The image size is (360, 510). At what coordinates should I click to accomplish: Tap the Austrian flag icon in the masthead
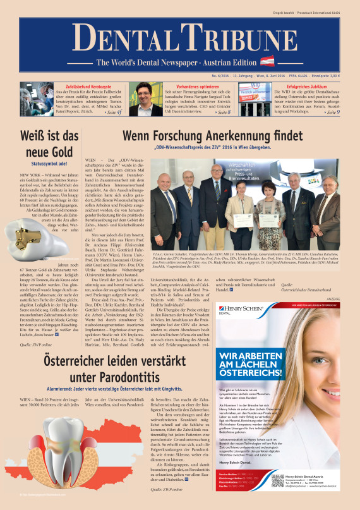tap(268, 62)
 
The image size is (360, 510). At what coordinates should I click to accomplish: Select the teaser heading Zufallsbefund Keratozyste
tap(80, 84)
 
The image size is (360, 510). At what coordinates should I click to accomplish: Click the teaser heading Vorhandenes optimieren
tap(190, 84)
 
